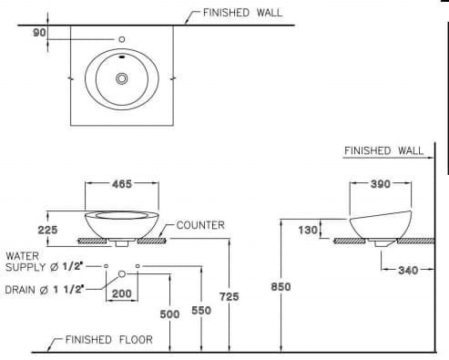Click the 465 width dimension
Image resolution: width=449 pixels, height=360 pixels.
coord(122,184)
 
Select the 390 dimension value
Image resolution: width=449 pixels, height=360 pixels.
coord(381,184)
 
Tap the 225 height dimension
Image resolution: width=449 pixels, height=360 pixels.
coord(47,230)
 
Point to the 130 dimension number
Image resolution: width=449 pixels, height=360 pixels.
coord(308,231)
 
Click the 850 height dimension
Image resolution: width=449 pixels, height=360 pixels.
coord(281,287)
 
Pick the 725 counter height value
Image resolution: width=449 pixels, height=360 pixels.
coord(230,296)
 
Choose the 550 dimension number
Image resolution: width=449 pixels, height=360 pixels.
coord(201,311)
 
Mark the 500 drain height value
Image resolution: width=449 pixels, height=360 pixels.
coord(169,314)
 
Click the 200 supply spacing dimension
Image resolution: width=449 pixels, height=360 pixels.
coord(122,293)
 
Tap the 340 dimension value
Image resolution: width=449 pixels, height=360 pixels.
coord(408,271)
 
